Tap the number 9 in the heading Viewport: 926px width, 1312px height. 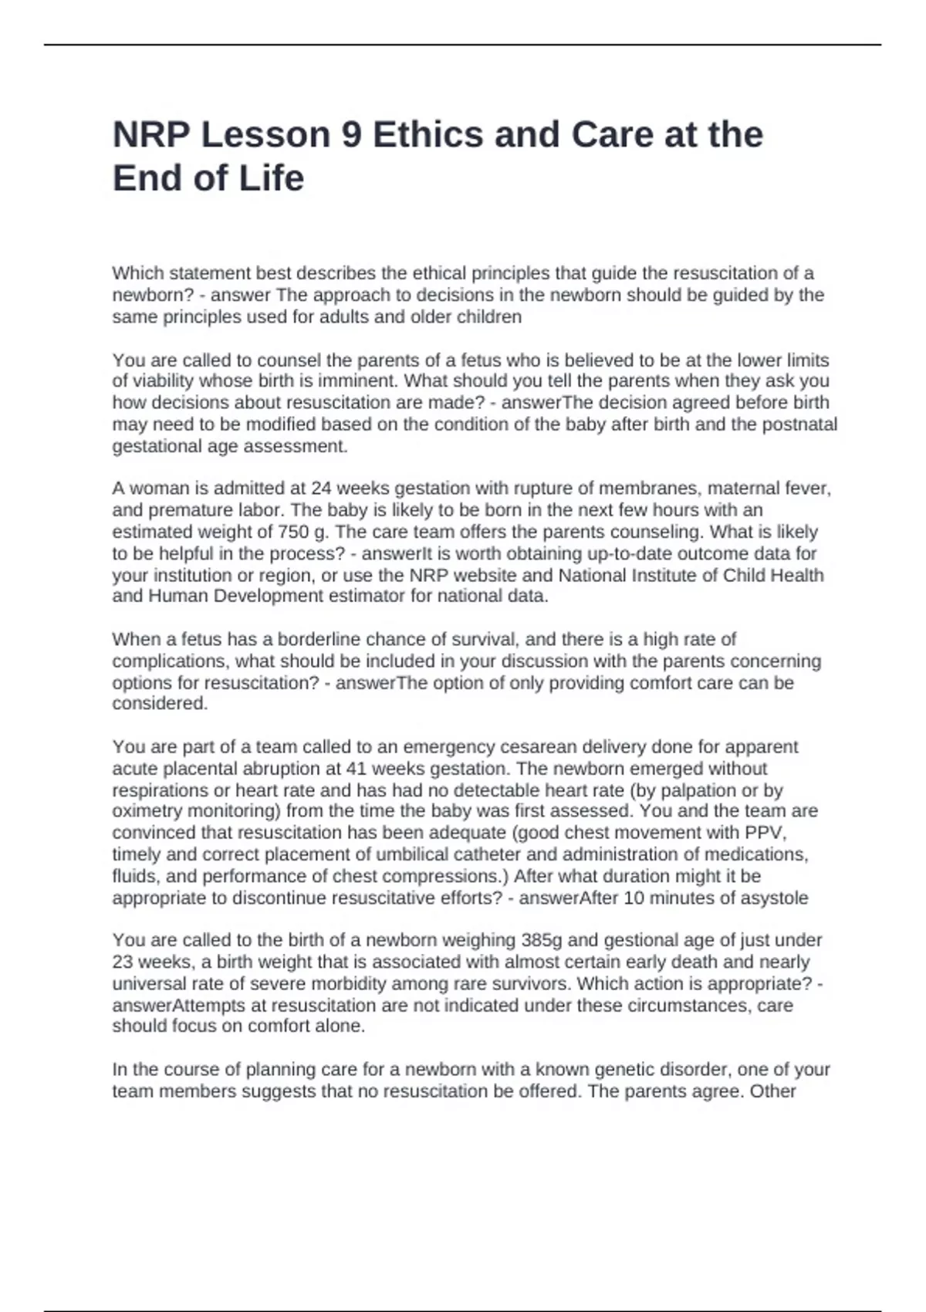(351, 135)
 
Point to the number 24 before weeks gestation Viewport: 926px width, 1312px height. (321, 489)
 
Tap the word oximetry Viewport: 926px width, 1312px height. (147, 811)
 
